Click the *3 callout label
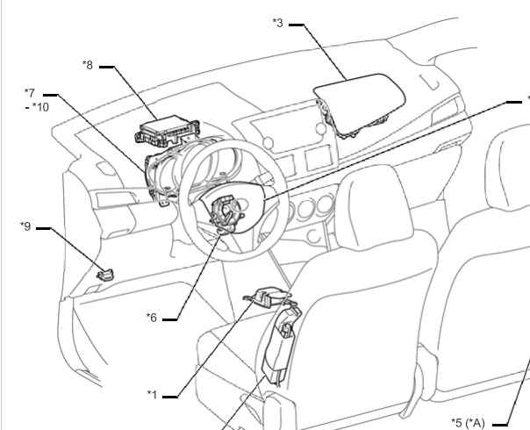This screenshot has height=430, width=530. tap(278, 23)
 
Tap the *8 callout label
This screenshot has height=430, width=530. tap(88, 65)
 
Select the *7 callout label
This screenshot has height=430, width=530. tap(30, 93)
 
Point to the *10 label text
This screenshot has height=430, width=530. tap(41, 107)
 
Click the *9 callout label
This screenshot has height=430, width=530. tap(25, 226)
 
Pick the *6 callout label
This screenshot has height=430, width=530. tap(152, 318)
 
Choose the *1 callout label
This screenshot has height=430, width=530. tap(152, 395)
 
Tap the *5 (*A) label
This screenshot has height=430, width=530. tap(469, 423)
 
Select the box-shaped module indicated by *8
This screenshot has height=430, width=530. tap(168, 130)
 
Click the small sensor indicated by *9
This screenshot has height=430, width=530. tap(105, 275)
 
